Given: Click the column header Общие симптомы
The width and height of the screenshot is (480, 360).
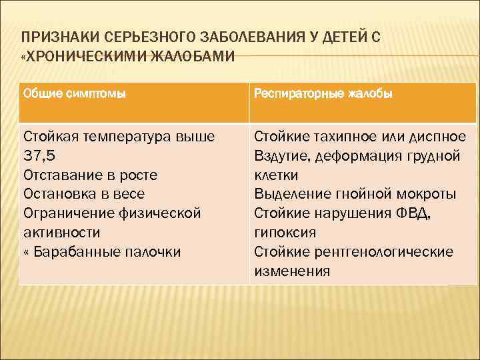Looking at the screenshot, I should click(x=74, y=94).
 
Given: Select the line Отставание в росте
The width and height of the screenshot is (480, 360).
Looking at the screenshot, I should click(x=90, y=175).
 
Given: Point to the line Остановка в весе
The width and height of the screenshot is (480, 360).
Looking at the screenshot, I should click(x=83, y=194).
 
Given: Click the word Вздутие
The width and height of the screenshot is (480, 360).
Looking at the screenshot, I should click(x=278, y=156).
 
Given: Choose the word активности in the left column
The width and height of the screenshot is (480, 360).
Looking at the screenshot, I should click(x=61, y=233).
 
